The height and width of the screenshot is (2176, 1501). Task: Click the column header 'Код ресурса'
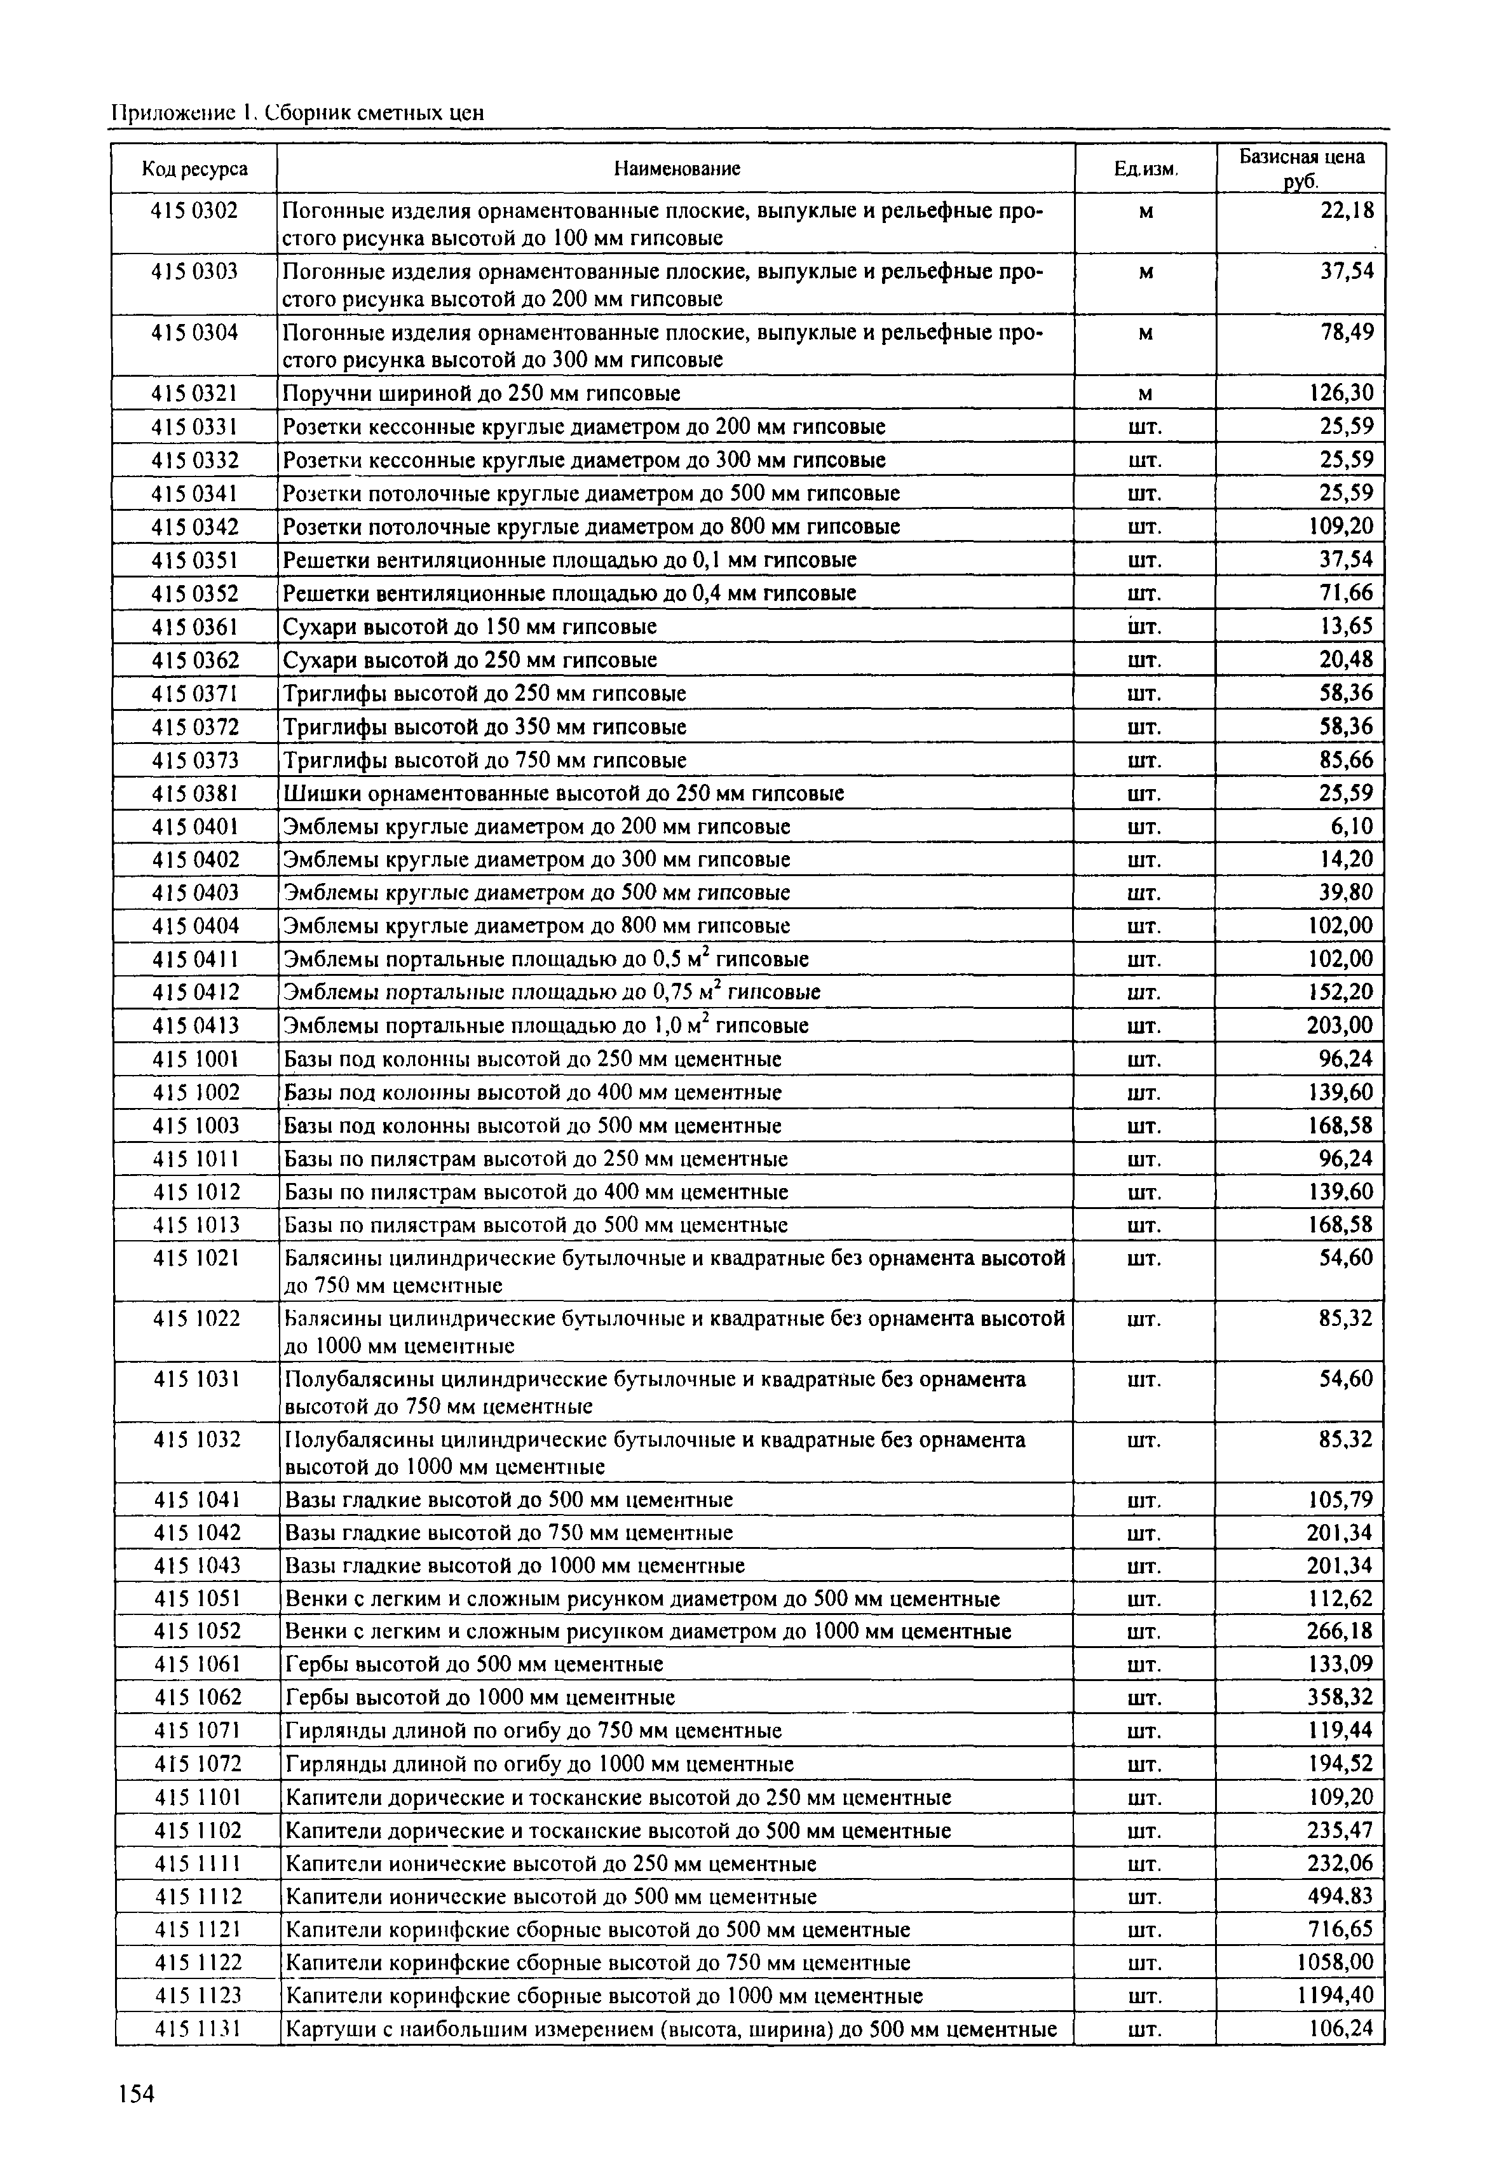pos(194,169)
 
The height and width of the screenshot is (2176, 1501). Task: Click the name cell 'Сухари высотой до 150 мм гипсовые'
pos(470,627)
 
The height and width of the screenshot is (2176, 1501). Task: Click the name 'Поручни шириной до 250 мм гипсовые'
pos(482,394)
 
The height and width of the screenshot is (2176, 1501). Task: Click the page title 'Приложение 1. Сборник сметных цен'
pos(297,114)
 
